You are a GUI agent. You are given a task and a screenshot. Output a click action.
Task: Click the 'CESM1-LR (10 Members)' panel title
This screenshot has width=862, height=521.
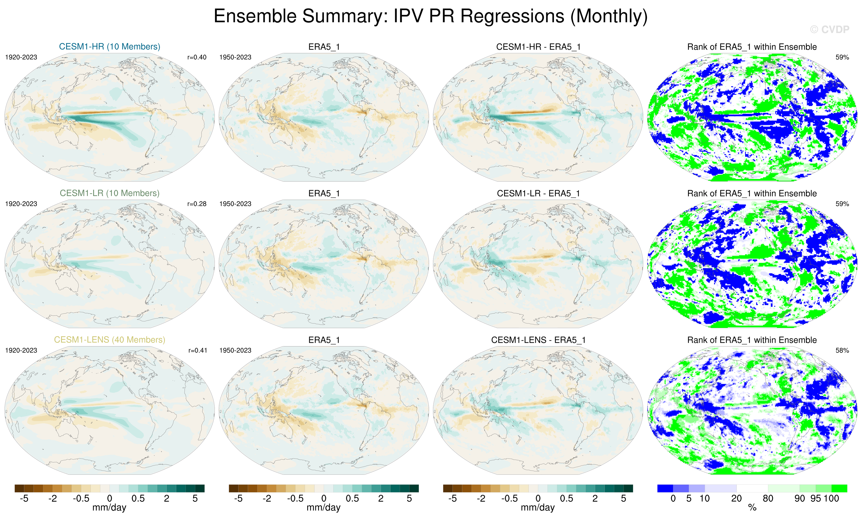[109, 193]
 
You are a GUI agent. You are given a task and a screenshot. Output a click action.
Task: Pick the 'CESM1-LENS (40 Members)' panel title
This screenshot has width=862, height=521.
[109, 340]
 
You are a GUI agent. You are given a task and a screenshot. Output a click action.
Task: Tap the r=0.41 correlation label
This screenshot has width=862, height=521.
[197, 350]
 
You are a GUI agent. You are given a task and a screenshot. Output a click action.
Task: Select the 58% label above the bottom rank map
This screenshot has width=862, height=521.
[842, 350]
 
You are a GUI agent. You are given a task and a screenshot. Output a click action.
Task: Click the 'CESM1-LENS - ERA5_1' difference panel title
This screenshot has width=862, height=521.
[538, 340]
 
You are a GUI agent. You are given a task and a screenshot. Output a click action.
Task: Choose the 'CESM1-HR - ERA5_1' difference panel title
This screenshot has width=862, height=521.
[538, 47]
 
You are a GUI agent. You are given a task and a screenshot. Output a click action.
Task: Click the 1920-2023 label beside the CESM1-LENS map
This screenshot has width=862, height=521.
[21, 350]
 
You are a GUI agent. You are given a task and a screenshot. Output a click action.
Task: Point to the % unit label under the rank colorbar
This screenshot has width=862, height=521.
[752, 508]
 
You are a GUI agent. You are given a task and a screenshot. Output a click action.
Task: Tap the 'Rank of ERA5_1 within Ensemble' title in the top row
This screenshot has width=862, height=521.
[752, 47]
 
